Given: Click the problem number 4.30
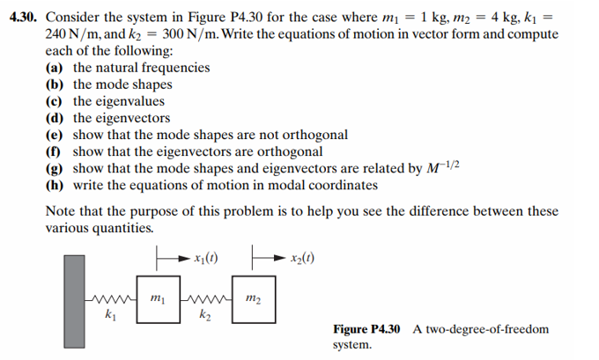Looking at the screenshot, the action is coord(25,17).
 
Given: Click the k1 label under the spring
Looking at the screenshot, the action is coord(109,314).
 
